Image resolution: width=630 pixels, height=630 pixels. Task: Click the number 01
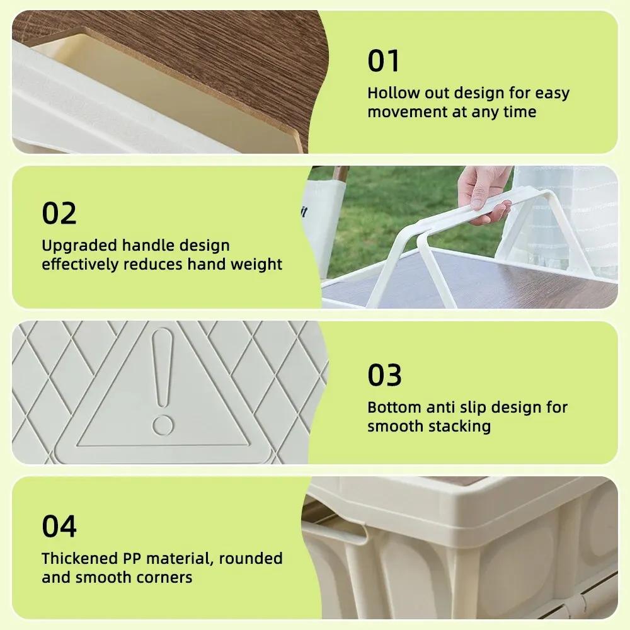point(384,62)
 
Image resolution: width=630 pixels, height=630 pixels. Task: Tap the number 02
point(59,214)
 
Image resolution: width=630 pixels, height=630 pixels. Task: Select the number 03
point(384,375)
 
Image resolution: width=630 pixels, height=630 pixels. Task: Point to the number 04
point(59,527)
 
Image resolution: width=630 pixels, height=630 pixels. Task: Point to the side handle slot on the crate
point(337,533)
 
